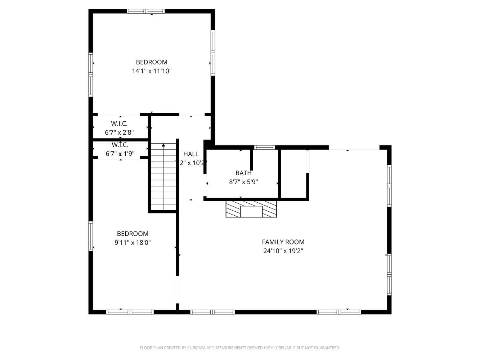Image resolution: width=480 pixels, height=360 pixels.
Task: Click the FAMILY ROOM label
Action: click(283, 242)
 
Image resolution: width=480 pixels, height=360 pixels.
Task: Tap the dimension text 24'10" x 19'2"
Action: click(283, 251)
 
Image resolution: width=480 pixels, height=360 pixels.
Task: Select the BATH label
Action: click(243, 173)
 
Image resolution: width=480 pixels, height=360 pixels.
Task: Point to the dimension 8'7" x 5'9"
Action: click(243, 182)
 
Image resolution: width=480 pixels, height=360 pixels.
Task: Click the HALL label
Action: click(190, 154)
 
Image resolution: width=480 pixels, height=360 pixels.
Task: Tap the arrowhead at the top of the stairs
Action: click(163, 145)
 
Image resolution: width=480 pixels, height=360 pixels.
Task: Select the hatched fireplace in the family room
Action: click(251, 209)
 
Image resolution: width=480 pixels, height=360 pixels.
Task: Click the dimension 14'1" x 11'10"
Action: click(152, 71)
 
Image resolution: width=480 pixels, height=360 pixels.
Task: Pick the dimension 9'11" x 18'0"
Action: click(133, 243)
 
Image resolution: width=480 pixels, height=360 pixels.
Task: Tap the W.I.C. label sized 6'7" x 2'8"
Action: click(119, 123)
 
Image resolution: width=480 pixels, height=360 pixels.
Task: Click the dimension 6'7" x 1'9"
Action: click(120, 154)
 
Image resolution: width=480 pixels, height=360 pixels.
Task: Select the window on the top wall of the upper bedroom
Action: click(146, 11)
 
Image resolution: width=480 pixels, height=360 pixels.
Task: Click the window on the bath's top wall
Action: click(265, 147)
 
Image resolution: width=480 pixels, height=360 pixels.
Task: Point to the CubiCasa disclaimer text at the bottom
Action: click(240, 348)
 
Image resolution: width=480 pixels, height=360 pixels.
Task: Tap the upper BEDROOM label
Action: click(152, 62)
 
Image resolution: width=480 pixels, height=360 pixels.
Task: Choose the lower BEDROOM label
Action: click(133, 234)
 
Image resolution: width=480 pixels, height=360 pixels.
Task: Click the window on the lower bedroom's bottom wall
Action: click(130, 312)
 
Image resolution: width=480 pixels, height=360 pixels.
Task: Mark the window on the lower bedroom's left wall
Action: click(91, 236)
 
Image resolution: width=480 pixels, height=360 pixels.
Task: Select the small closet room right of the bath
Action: click(293, 174)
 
